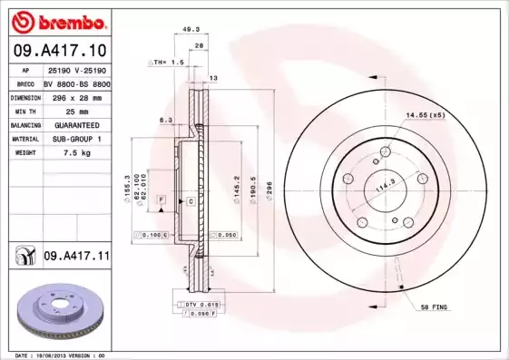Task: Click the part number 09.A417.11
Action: point(76,257)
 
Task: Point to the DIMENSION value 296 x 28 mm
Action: point(76,95)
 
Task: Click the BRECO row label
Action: point(25,82)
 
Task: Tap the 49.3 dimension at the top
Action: point(191,30)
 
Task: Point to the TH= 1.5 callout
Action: point(167,63)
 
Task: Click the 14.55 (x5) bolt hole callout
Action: point(425,115)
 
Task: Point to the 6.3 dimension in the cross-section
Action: point(166,120)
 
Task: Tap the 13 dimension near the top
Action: point(213,79)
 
